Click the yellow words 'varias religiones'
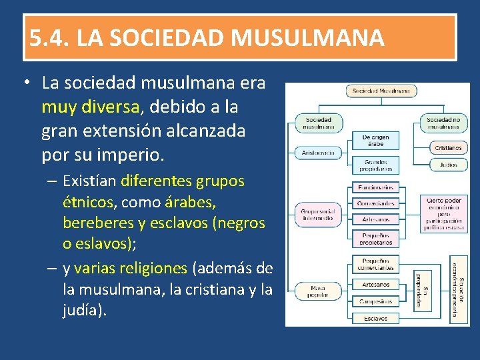[x=131, y=268]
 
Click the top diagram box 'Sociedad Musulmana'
[x=381, y=91]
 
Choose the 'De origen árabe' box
[x=375, y=141]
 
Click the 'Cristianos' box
[x=448, y=147]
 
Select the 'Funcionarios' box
[x=375, y=187]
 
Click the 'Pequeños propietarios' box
[x=375, y=239]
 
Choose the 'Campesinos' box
[x=375, y=301]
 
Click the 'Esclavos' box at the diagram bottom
[x=375, y=319]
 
